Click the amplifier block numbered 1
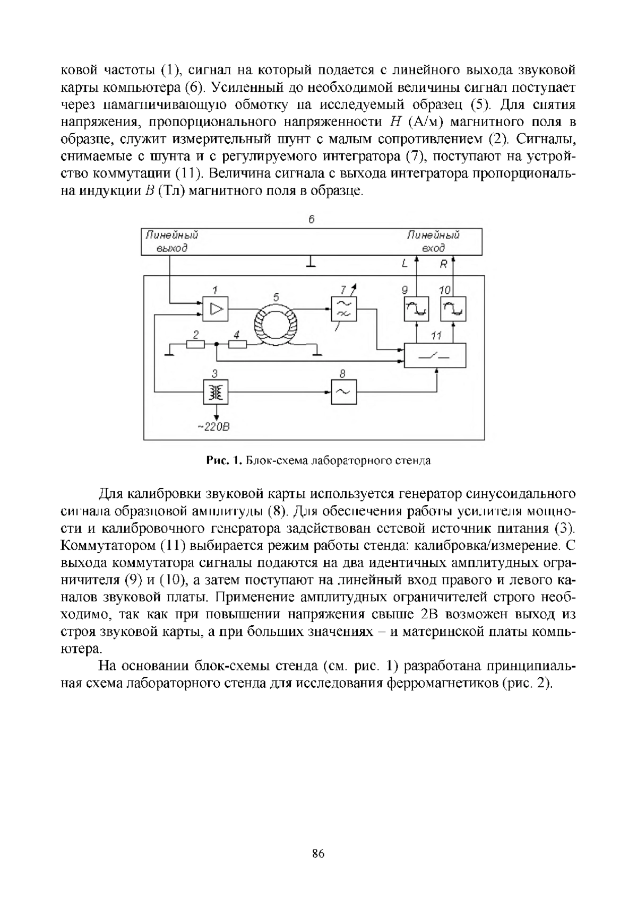point(216,309)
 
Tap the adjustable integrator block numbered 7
point(344,308)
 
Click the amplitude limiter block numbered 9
point(416,309)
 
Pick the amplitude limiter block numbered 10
point(453,309)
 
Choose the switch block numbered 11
point(435,355)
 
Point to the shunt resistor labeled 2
point(195,345)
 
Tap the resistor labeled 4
point(237,345)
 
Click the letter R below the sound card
point(444,264)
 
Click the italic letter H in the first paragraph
point(387,122)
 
